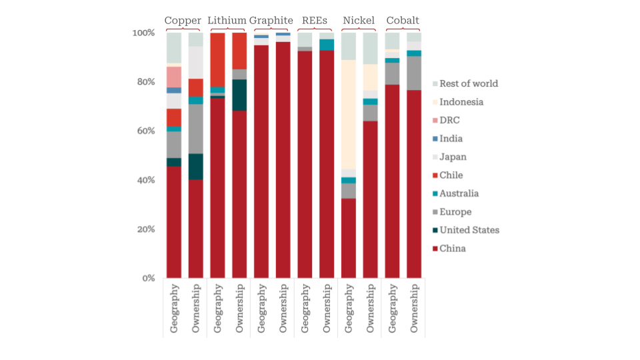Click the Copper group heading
pos(183,21)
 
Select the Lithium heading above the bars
pos(227,21)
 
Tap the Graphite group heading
pos(271,21)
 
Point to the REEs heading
pos(315,21)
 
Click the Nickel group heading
pos(359,21)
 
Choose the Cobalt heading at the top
pos(403,21)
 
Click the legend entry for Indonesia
pos(461,102)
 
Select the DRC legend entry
pos(449,121)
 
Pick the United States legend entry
pos(469,230)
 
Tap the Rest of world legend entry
pos(468,84)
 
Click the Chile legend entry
pos(451,175)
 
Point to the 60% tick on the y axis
pos(144,131)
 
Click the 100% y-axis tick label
pos(143,33)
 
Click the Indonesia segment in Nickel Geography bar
pos(348,114)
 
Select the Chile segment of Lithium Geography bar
pos(217,59)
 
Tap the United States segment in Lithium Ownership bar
pos(239,95)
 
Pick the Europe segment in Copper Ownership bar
pos(195,129)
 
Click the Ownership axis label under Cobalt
pos(414,308)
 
